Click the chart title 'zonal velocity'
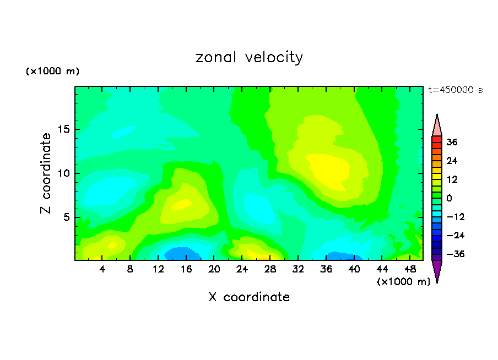[249, 57]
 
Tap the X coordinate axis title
[249, 297]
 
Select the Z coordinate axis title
[46, 173]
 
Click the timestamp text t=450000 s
[455, 90]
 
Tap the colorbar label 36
[452, 142]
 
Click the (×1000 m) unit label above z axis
[52, 72]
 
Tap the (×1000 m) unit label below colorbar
[403, 282]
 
